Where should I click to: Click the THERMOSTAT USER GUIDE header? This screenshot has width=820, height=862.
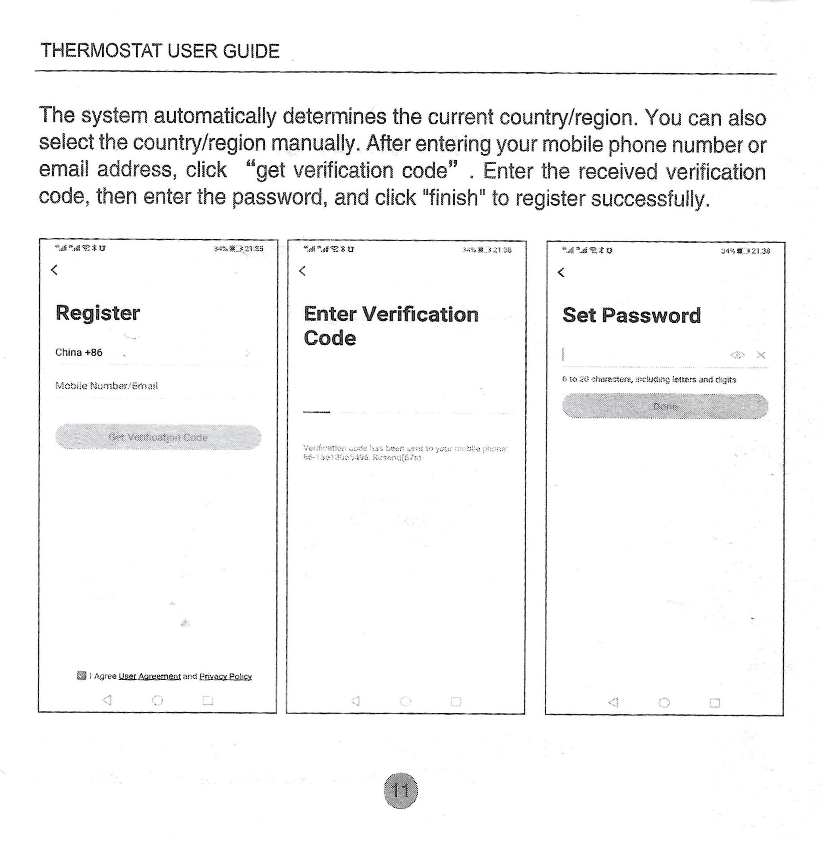pos(160,52)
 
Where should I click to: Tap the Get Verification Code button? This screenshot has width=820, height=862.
pos(158,437)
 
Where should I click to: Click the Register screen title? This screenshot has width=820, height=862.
pos(97,313)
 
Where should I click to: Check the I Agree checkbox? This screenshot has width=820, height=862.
pos(81,676)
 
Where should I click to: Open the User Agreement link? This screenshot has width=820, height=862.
pos(150,676)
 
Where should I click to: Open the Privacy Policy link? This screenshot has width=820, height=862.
pos(226,676)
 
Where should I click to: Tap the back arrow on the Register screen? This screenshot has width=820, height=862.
pos(54,270)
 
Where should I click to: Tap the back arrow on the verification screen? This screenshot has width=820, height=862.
pos(302,271)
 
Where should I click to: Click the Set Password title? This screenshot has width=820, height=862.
pos(631,315)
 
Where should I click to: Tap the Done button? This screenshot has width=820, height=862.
pos(665,406)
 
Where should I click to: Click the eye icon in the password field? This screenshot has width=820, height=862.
pos(738,355)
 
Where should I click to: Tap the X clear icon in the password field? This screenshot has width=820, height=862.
pos(761,355)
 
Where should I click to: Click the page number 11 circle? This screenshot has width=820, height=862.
pos(400,790)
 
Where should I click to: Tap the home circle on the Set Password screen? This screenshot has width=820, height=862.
pos(664,703)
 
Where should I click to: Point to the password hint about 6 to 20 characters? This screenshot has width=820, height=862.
pos(649,380)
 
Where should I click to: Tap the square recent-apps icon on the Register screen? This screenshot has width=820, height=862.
pos(207,701)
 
